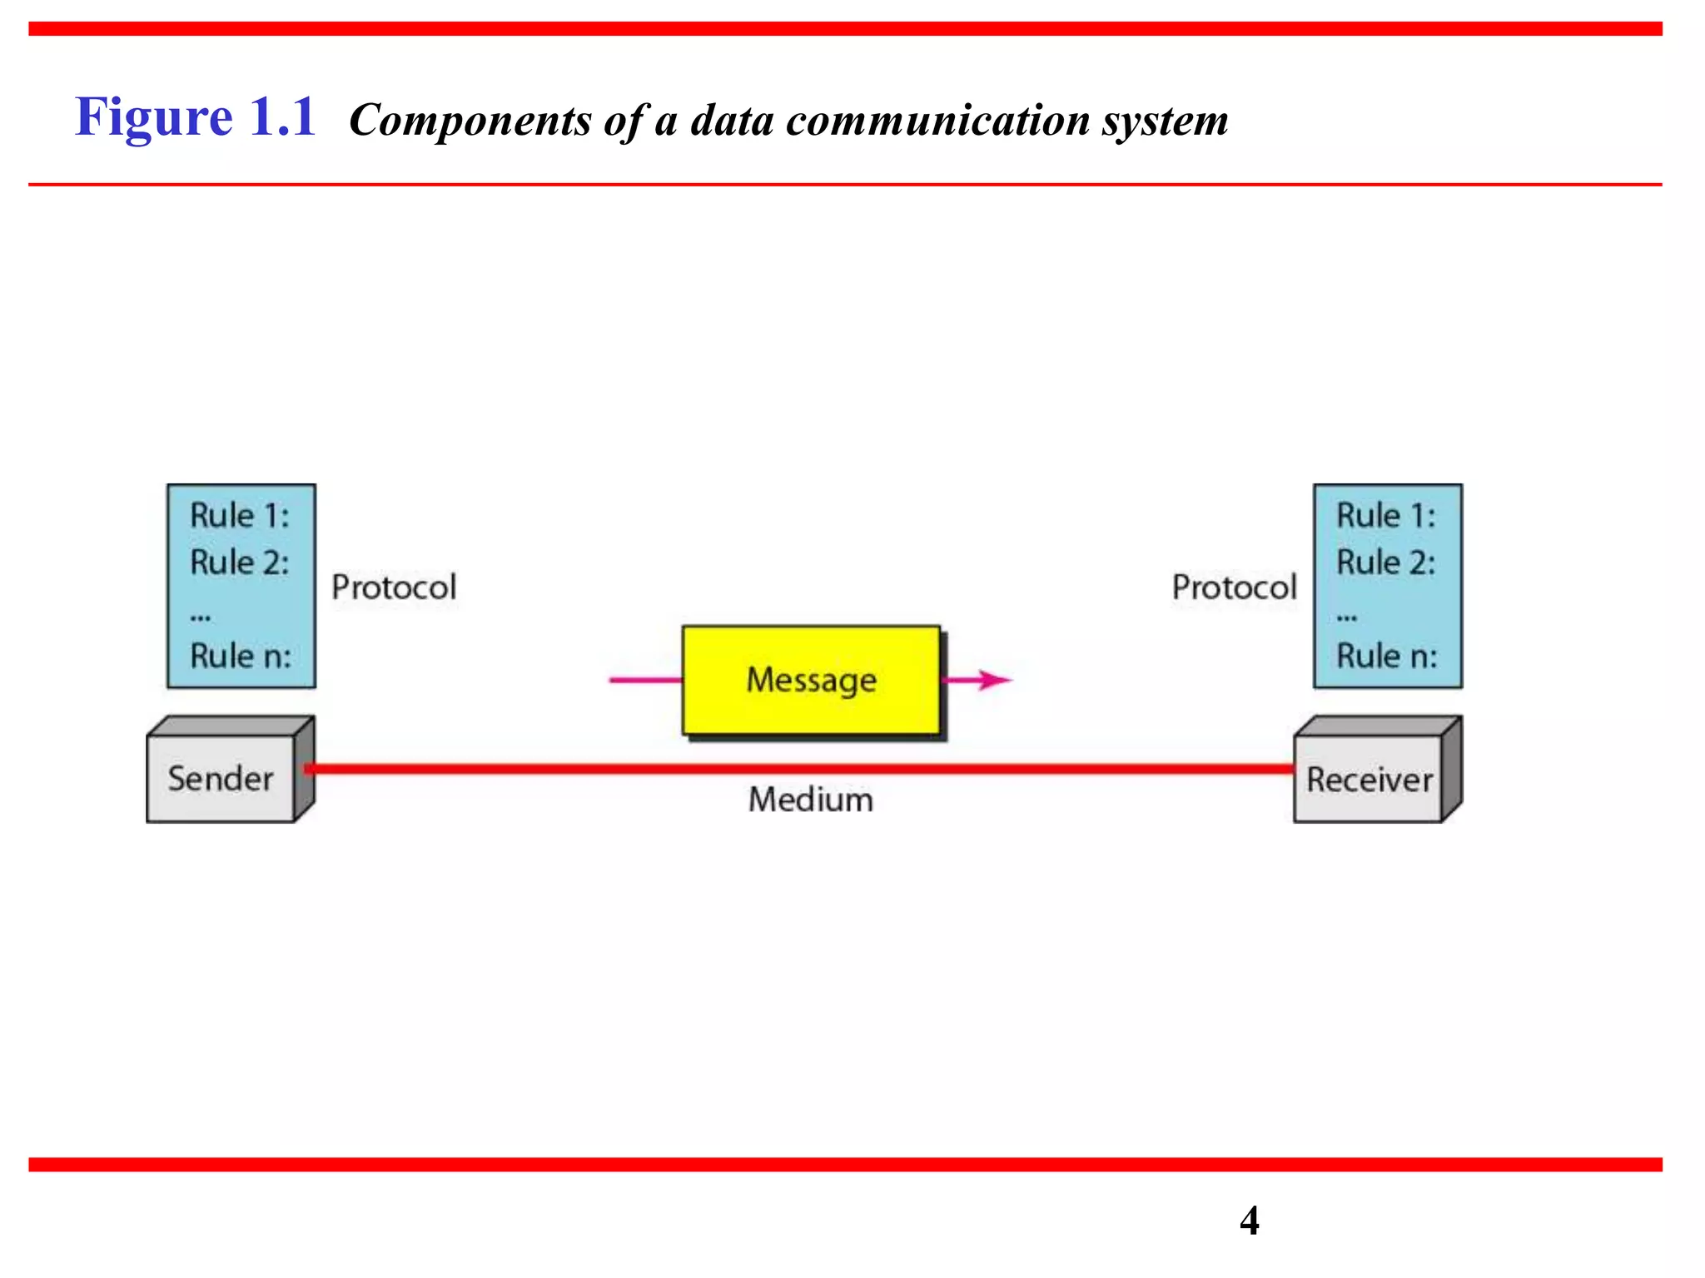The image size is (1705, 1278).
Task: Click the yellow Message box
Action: click(811, 680)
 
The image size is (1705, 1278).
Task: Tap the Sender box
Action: click(221, 779)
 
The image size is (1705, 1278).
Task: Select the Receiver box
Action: click(1369, 780)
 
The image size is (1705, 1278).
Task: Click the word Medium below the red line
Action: click(810, 800)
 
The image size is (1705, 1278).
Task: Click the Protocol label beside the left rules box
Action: click(394, 587)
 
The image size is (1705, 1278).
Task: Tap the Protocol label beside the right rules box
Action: click(1234, 587)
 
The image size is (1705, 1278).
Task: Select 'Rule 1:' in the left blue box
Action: click(240, 516)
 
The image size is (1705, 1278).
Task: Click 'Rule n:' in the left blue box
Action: click(241, 656)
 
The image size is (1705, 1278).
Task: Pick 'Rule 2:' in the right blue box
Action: click(1386, 562)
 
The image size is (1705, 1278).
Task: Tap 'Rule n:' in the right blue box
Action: click(1387, 656)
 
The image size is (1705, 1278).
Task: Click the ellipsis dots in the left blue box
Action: click(201, 617)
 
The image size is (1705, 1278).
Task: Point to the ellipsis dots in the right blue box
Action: click(1347, 617)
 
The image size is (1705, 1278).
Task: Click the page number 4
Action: click(1249, 1221)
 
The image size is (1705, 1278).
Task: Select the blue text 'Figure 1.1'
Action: click(196, 116)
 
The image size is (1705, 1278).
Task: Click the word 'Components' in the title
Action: click(470, 121)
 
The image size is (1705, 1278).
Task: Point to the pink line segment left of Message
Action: click(645, 680)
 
